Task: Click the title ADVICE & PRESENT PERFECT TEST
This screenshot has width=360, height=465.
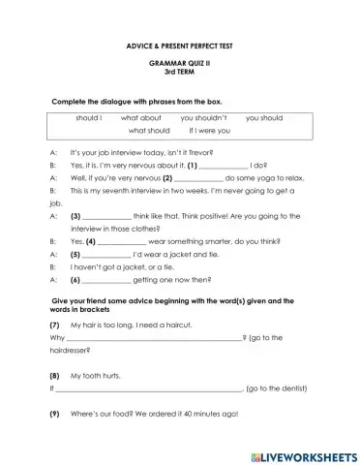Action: [x=180, y=46]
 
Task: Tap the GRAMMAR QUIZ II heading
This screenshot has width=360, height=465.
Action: [x=180, y=61]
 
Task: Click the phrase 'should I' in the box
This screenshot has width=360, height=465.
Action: [x=89, y=117]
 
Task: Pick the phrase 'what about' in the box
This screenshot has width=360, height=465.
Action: [x=141, y=117]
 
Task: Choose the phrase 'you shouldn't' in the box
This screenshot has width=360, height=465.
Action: [x=203, y=117]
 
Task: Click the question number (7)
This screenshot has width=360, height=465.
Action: [x=54, y=325]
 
